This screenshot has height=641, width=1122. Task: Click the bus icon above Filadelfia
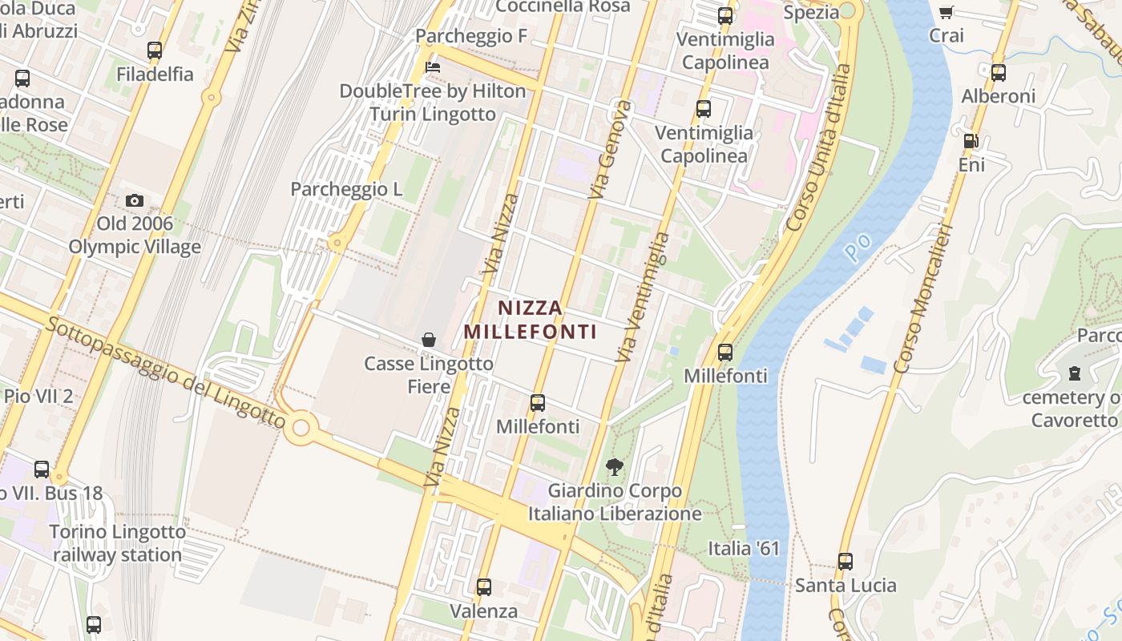pos(155,50)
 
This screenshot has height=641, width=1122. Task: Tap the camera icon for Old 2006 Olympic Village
pos(135,200)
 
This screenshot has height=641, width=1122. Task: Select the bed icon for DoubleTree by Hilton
pos(433,67)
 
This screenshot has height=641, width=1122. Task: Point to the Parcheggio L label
pos(346,189)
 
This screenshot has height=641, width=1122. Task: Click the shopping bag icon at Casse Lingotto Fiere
pos(429,340)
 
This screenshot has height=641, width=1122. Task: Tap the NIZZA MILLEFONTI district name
pos(531,319)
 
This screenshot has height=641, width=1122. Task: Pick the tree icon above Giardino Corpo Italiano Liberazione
pos(615,466)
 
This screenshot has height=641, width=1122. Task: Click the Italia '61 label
pos(743,548)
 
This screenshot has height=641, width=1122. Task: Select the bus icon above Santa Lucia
pos(846,561)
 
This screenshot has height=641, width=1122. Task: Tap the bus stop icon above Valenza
pos(483,587)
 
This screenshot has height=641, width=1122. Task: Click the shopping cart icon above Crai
pos(946,12)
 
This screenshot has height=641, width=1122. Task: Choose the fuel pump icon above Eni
pos(971,141)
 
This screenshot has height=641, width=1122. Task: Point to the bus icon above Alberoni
pos(999,73)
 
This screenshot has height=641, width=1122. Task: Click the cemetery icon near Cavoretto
pos(1074,373)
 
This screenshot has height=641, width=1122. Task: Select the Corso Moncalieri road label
pos(923,299)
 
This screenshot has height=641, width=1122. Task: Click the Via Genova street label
pos(610,150)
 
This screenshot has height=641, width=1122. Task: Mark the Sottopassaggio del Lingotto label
pos(165,373)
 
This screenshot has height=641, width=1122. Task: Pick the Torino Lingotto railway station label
pos(118,542)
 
